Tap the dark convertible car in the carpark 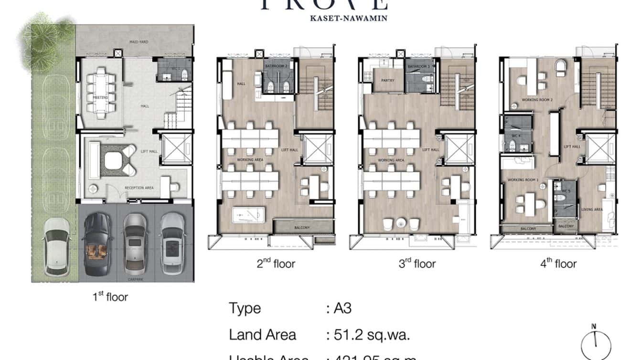click(x=98, y=244)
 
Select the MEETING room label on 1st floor click(x=100, y=97)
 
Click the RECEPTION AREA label click(x=139, y=188)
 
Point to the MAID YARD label click(x=139, y=42)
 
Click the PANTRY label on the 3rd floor click(x=387, y=80)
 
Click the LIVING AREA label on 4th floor click(x=591, y=210)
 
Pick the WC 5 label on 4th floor click(x=566, y=191)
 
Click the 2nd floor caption click(x=276, y=264)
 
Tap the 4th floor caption click(x=558, y=264)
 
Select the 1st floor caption click(x=110, y=297)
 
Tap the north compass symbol click(x=596, y=344)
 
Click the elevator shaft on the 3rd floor click(x=459, y=149)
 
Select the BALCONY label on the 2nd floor click(x=302, y=228)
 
